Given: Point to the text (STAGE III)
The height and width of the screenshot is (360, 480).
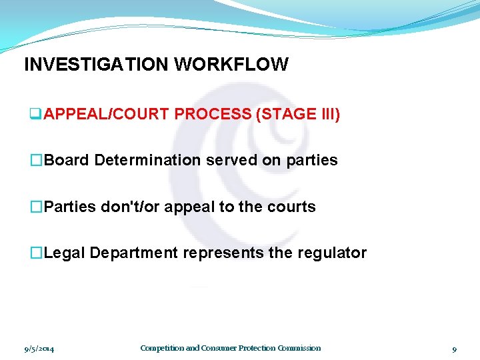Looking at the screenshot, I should click(298, 115).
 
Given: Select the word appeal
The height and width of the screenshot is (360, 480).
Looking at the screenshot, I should click(189, 207).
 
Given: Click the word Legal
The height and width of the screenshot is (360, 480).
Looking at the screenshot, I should click(65, 253).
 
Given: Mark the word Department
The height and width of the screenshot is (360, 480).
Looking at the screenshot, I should click(134, 253).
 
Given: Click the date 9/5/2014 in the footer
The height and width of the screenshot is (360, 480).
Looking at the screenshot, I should click(38, 349).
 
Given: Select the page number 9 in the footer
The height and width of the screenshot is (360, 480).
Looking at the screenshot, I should click(454, 349).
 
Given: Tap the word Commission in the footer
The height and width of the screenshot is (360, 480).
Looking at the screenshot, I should click(299, 348).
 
